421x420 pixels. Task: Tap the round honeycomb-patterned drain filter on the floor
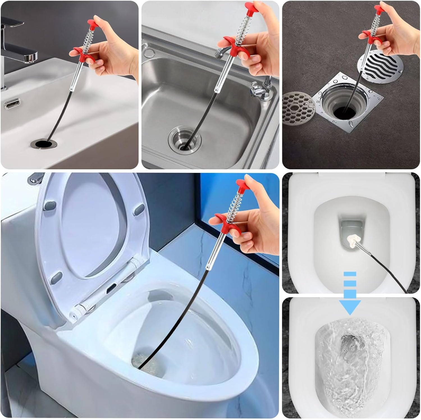point(299,108)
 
